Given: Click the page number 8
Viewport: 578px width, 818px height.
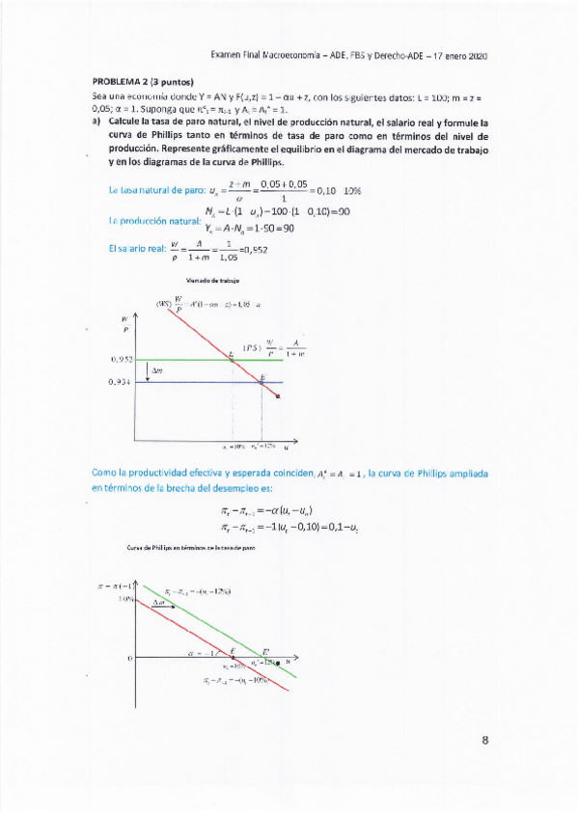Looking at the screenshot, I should [x=485, y=741].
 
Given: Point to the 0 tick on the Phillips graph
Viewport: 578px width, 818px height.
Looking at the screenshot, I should [x=129, y=658].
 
